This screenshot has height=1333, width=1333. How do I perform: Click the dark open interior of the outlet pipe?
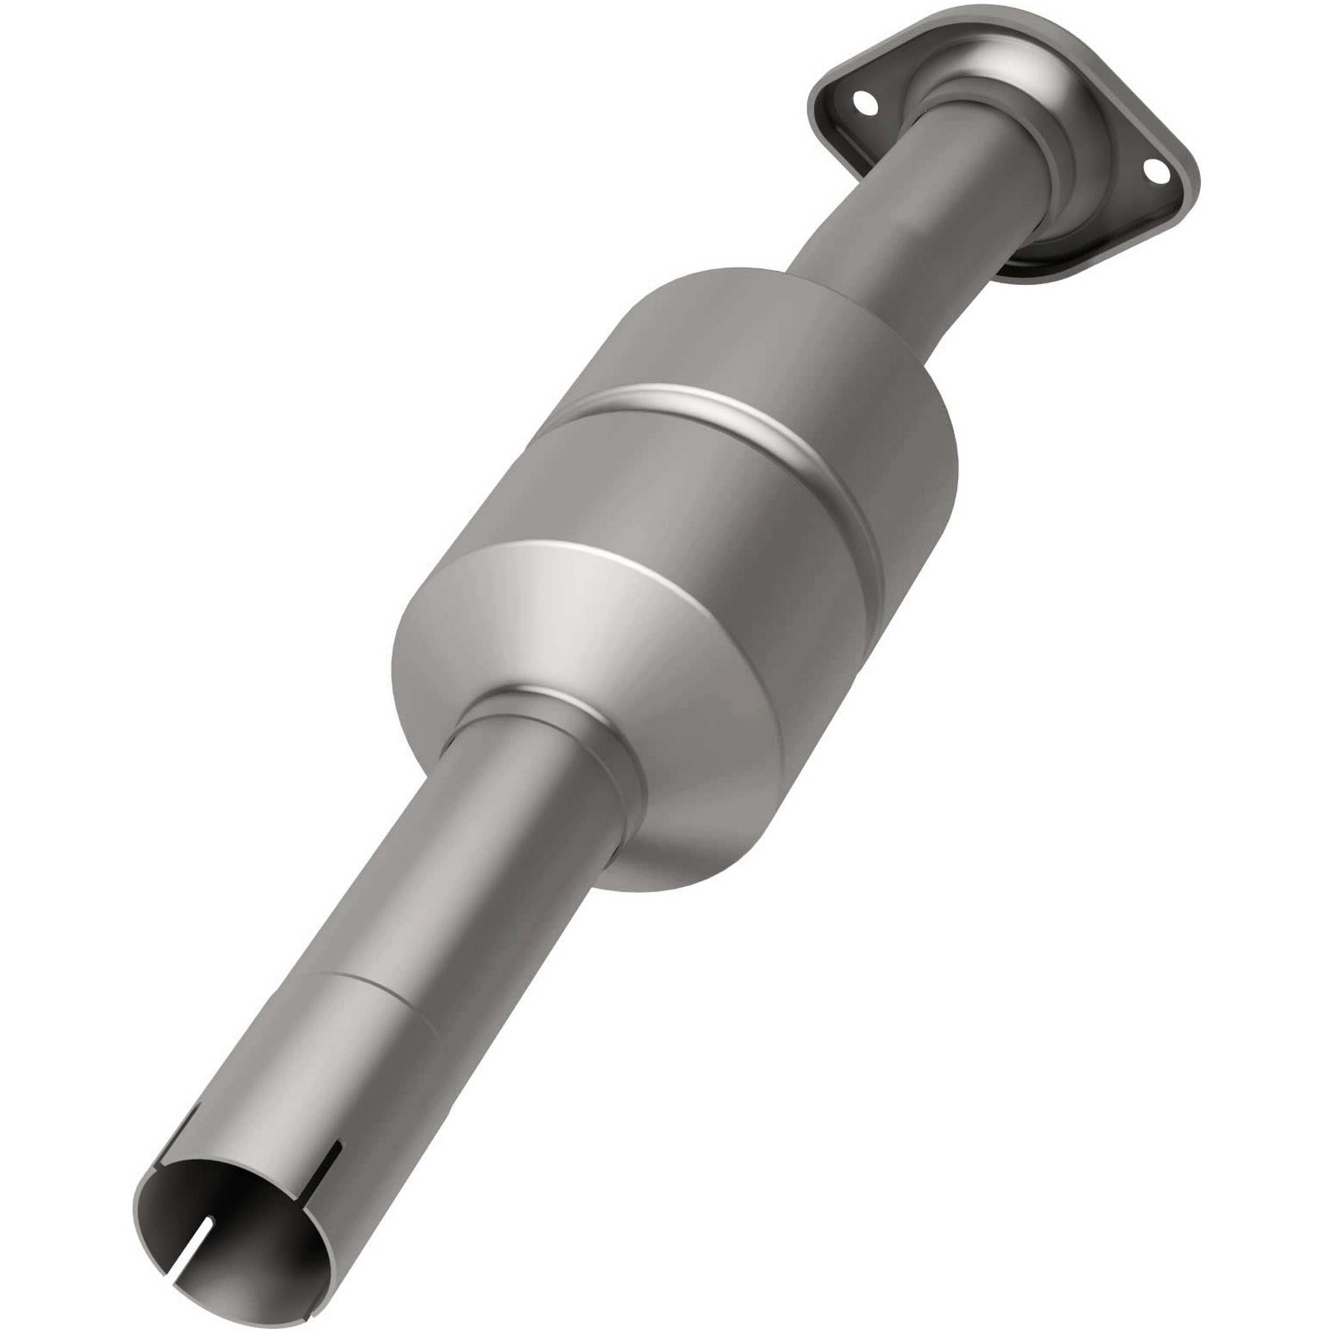pos(228,1242)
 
